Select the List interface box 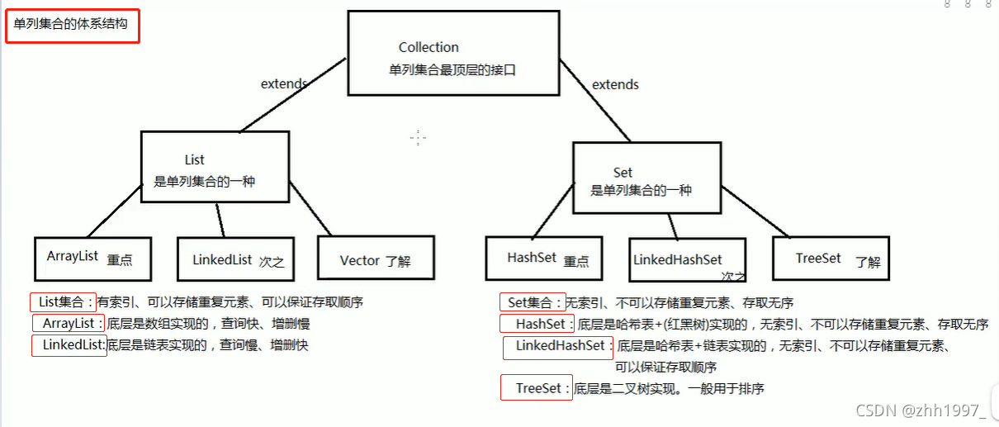214,167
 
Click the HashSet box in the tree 543,259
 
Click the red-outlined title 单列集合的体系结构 71,25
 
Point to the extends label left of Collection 284,83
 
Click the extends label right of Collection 615,84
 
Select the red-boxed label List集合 63,302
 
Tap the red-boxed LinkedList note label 69,344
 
